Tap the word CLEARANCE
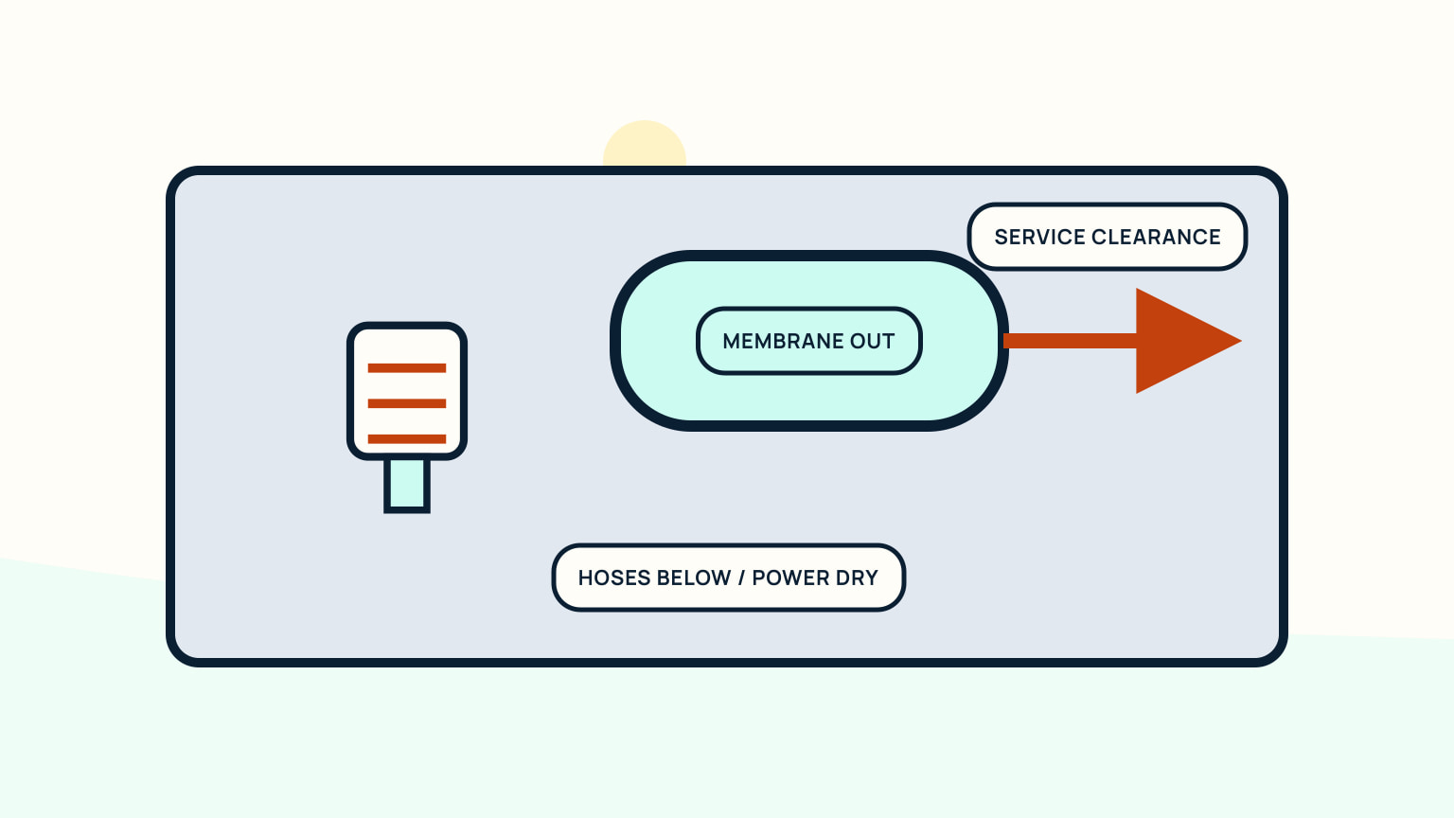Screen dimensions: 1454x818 click(1156, 237)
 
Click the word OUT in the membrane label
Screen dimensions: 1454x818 click(873, 341)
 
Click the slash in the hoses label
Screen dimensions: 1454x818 click(741, 578)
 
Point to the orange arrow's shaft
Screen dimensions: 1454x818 click(1070, 341)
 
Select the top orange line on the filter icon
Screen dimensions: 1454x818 click(407, 368)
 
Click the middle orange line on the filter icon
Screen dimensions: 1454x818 click(407, 404)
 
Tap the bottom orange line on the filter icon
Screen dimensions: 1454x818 click(407, 439)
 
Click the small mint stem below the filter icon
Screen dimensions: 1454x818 click(407, 486)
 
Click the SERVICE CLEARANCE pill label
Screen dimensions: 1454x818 click(1108, 237)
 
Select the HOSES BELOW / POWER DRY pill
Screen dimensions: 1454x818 click(728, 578)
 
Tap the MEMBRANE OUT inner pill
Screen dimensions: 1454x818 click(809, 341)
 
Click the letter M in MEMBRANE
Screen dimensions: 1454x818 click(731, 341)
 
